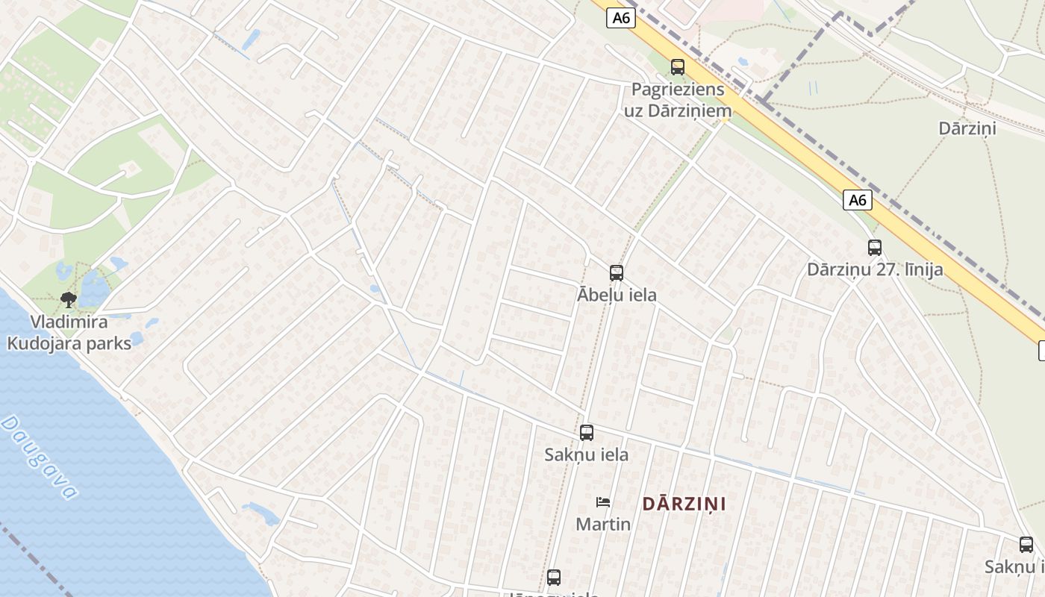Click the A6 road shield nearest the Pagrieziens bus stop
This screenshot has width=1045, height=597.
tap(621, 18)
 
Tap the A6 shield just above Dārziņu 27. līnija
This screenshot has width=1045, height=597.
tap(858, 200)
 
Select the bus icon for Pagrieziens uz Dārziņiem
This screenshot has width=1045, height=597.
tap(678, 67)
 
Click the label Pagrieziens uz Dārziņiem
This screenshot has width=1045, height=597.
tap(678, 100)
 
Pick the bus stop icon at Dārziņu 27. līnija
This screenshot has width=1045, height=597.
tap(875, 248)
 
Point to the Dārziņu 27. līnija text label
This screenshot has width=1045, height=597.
tap(875, 269)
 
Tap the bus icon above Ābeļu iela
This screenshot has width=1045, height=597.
tap(617, 273)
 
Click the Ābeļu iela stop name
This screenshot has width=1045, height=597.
tap(617, 295)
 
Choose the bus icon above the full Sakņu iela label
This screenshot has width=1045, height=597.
tap(587, 433)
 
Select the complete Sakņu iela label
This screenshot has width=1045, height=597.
tap(587, 454)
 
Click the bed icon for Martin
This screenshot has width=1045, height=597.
tap(603, 502)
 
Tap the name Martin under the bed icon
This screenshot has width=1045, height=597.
tap(603, 524)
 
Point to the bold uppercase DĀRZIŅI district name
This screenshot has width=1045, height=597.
tap(684, 504)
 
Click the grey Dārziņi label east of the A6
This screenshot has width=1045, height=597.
tap(967, 128)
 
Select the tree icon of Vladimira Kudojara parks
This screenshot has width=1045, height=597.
tap(69, 300)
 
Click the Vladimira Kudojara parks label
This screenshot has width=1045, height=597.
tap(69, 333)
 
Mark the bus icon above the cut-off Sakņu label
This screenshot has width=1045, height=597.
tap(1026, 545)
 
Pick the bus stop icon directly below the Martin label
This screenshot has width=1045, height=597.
tap(554, 577)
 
